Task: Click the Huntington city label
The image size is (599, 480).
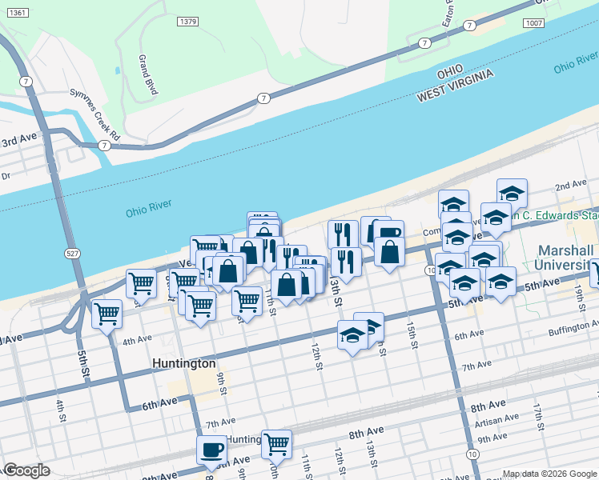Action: [184, 363]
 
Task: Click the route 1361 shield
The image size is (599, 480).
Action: [20, 14]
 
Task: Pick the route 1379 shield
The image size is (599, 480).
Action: [188, 22]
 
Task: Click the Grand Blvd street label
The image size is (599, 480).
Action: [148, 75]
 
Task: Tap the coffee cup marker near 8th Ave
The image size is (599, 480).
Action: [213, 449]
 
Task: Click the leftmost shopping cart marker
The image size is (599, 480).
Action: [107, 314]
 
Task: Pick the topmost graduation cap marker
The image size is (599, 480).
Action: [512, 193]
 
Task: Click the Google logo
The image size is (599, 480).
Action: [26, 470]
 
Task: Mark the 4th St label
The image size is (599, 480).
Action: [60, 409]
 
